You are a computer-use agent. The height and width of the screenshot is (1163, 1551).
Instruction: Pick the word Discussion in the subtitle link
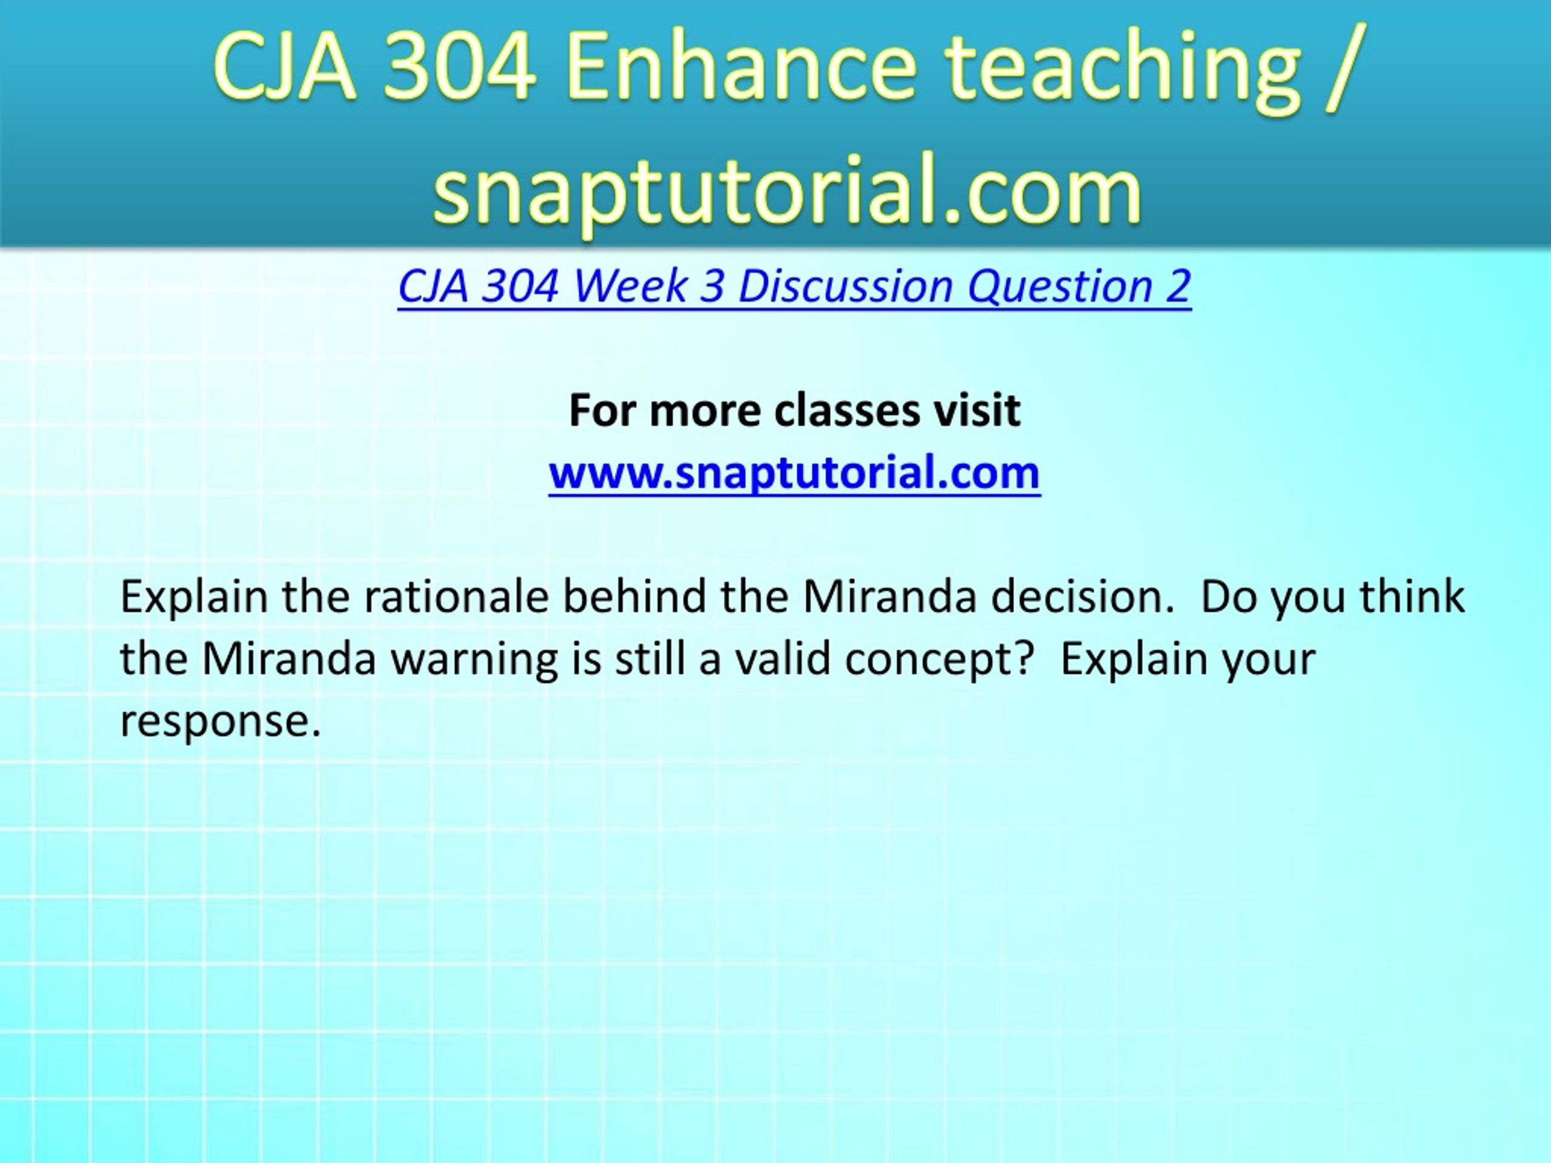(x=846, y=286)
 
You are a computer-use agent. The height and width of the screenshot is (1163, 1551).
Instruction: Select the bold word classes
(x=847, y=411)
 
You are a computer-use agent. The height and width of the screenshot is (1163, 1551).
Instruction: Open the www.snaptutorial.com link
(x=794, y=472)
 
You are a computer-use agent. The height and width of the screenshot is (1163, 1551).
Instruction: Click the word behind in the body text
(x=634, y=597)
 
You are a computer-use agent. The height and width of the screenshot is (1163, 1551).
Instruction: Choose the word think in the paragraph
(x=1412, y=597)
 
